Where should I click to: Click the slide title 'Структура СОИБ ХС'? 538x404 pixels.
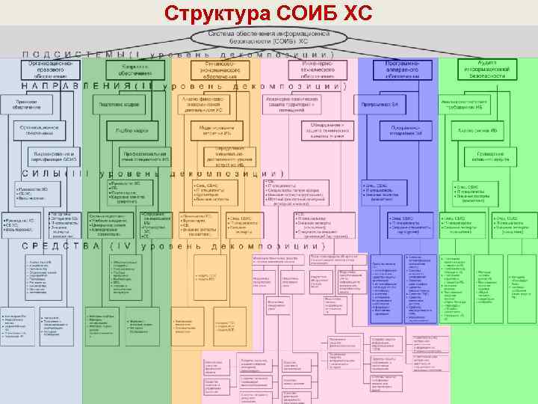[268, 14]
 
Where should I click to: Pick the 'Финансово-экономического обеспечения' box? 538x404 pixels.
[217, 70]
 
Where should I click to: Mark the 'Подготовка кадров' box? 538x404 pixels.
[120, 105]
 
